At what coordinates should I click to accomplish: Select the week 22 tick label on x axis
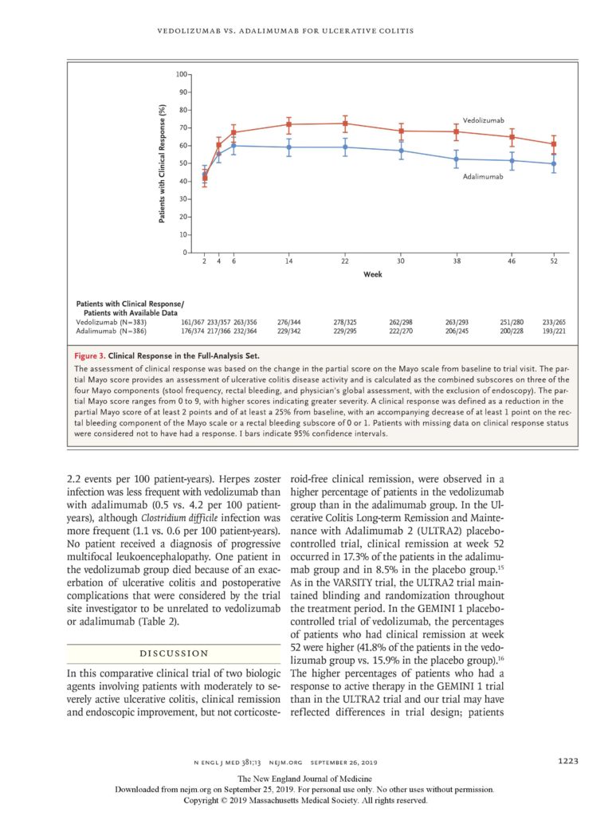(344, 261)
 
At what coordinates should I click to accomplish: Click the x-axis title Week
(373, 274)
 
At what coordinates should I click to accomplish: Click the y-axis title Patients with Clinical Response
(163, 163)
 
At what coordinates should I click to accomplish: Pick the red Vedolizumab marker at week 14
(288, 124)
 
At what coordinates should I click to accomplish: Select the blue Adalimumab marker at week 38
(456, 159)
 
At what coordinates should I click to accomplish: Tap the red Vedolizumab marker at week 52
(554, 144)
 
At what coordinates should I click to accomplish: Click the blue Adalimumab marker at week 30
(400, 151)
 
